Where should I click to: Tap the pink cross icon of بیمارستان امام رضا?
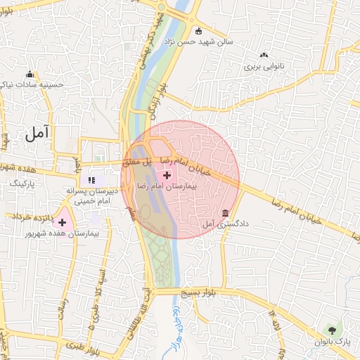[x=167, y=175]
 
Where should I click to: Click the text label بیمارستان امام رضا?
[x=167, y=188]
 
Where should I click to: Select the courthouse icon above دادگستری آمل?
[x=225, y=213]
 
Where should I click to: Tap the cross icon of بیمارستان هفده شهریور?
[x=62, y=222]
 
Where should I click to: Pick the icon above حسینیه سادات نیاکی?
[x=30, y=75]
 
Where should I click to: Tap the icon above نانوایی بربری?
[x=264, y=56]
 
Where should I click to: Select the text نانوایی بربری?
[x=262, y=67]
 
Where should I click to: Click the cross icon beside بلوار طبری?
[x=71, y=347]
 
